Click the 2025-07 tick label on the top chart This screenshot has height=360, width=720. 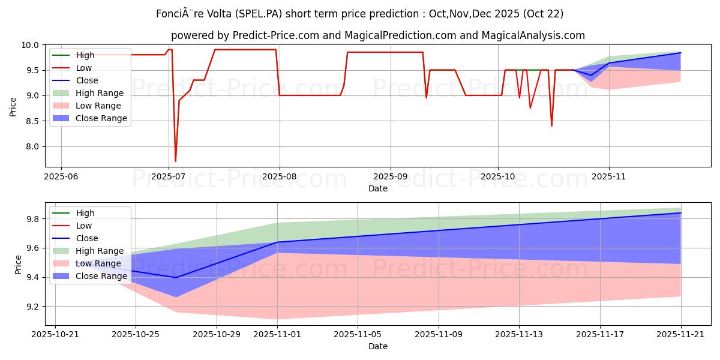168,177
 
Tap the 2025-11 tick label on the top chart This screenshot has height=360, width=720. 609,177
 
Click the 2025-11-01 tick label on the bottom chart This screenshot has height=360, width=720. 277,335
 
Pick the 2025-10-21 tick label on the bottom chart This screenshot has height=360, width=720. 55,335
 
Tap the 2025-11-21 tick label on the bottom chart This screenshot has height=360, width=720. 680,335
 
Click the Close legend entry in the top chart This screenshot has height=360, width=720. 87,80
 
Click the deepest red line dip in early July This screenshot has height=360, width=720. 175,161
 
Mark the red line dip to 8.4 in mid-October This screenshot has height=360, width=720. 551,125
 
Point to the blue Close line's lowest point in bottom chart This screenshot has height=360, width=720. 176,277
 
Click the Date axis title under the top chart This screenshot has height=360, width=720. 378,188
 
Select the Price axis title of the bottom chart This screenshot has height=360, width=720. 18,265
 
